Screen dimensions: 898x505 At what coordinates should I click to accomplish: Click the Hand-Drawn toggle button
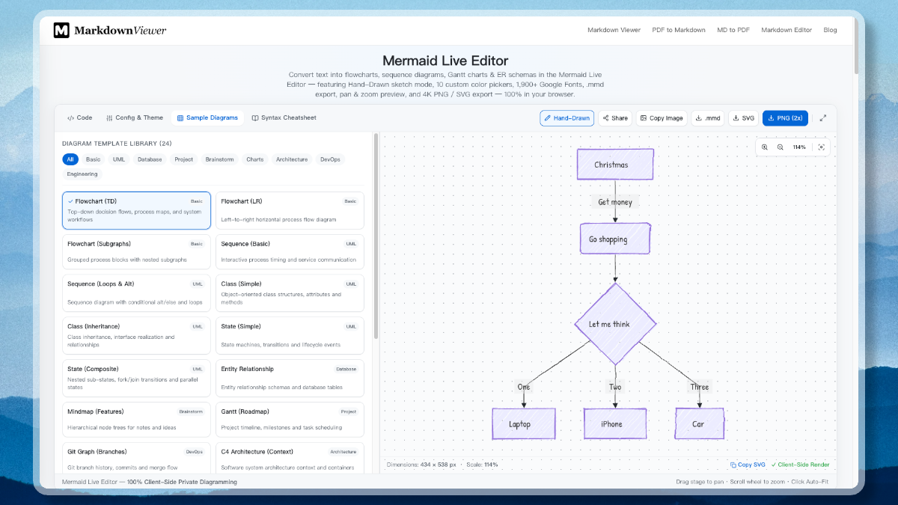coord(566,118)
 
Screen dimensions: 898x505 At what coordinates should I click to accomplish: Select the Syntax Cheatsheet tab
coord(284,118)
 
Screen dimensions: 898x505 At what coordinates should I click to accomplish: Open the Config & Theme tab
coord(135,118)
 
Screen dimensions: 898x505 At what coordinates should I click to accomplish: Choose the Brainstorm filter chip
coord(219,159)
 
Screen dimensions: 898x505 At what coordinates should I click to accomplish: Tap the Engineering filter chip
coord(82,174)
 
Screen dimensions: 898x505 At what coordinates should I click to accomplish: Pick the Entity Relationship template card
coord(290,378)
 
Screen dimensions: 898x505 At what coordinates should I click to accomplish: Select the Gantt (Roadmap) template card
coord(290,419)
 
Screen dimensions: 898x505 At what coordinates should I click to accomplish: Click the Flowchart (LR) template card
coord(290,210)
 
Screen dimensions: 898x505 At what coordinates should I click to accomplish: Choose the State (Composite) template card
coord(136,378)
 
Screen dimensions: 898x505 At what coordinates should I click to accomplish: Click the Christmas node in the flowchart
coord(615,165)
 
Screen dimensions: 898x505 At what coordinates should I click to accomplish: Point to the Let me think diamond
coord(615,324)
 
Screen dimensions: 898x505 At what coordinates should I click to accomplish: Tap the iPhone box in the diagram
coord(615,423)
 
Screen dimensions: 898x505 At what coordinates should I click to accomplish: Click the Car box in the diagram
coord(700,423)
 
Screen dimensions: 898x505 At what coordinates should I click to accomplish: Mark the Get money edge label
coord(615,202)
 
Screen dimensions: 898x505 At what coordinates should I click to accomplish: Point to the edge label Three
coord(700,387)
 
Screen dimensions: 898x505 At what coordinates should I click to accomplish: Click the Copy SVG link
coord(748,465)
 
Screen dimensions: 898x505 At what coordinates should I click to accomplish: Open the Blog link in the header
coord(830,30)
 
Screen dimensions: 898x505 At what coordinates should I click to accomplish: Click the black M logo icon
coord(61,31)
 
